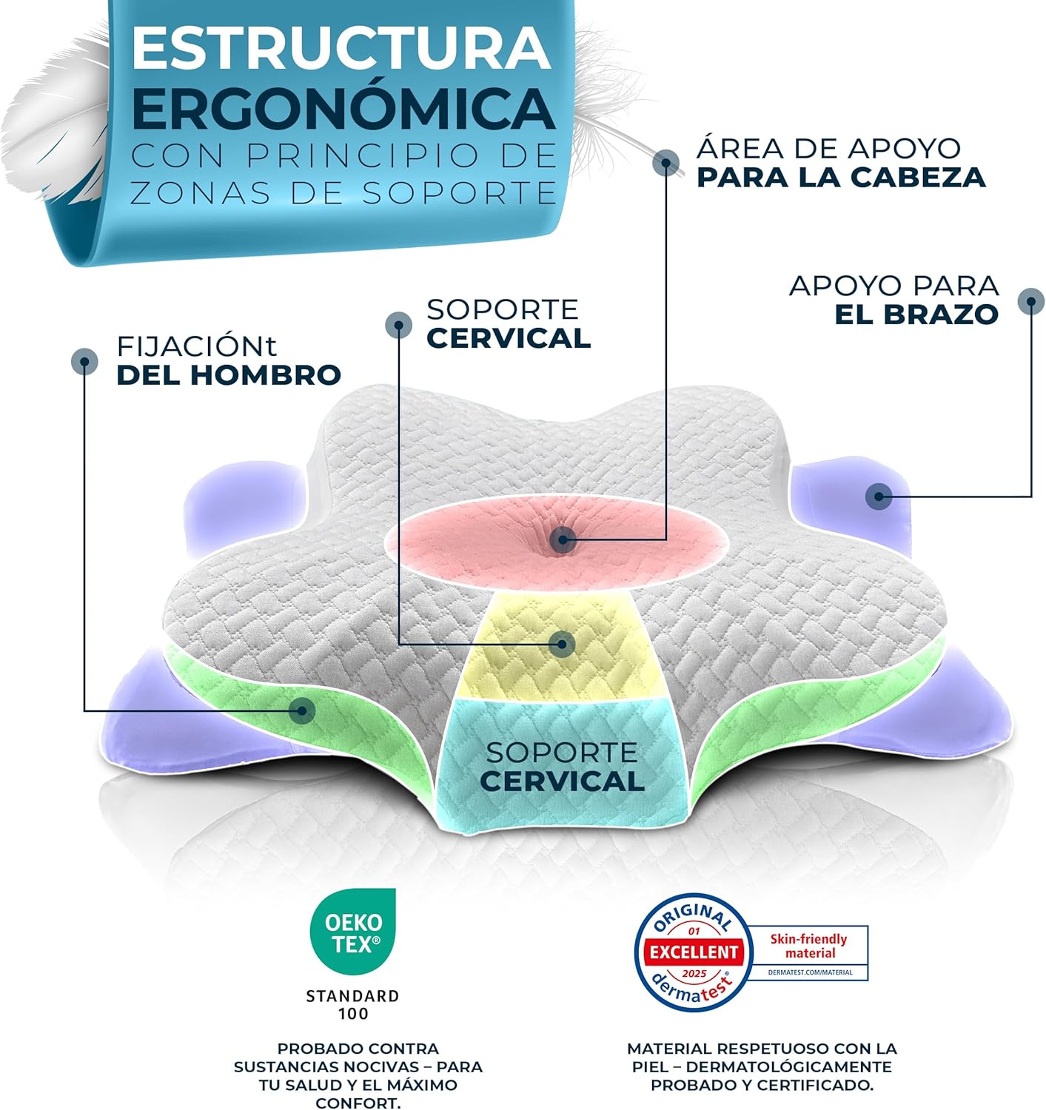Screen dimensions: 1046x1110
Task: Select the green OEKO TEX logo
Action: (353, 931)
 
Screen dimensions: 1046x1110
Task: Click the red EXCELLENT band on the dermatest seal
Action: (694, 951)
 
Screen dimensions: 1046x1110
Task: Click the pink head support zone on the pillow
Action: (558, 542)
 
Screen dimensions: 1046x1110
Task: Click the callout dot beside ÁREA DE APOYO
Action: (666, 164)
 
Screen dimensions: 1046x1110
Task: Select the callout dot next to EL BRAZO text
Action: (1031, 302)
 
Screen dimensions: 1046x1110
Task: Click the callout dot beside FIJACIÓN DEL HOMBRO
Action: (84, 362)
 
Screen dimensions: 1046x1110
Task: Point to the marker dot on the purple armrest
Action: (879, 497)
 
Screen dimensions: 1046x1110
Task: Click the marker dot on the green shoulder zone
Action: (302, 710)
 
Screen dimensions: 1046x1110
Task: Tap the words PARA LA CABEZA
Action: (841, 177)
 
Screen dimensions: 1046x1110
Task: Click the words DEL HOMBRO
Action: (228, 375)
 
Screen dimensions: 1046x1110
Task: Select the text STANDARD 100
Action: (353, 1004)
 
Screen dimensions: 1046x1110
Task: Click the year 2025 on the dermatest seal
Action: (694, 974)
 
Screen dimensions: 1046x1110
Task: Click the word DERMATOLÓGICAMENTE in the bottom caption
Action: (788, 1066)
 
